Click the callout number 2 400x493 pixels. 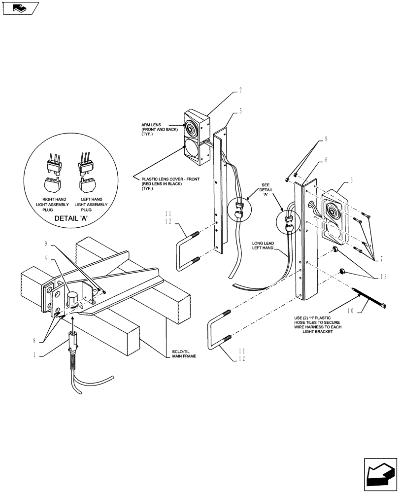click(240, 90)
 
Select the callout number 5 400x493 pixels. click(240, 111)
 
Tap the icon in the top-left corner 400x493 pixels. click(20, 8)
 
